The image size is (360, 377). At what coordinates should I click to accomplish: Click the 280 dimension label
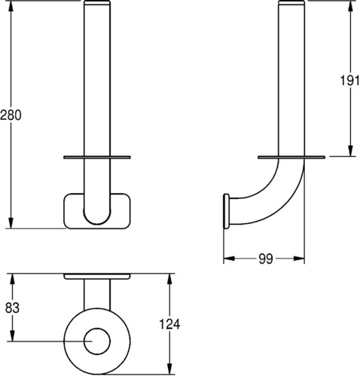coord(11,115)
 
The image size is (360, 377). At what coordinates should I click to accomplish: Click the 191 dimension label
coord(349,81)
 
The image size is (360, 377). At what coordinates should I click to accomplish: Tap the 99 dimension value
coord(266,259)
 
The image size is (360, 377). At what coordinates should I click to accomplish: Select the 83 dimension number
coord(12,308)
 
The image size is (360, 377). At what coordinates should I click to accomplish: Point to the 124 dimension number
coord(169,324)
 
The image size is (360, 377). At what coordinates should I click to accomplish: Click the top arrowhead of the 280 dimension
coord(11,7)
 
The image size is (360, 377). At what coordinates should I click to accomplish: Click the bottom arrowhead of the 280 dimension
coord(11,223)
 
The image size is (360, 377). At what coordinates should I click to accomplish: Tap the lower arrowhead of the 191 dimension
coord(351,151)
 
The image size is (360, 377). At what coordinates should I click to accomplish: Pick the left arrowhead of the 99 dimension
coord(229,259)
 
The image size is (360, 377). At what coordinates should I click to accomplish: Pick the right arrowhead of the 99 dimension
coord(299,259)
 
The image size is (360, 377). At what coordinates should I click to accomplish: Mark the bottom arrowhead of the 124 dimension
coord(170,369)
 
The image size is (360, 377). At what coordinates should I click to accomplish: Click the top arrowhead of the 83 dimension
coord(12,279)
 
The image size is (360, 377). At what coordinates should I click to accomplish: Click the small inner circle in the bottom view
coord(97,341)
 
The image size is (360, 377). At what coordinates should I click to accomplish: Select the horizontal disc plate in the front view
coord(97,158)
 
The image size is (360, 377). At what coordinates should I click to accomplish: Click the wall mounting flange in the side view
coord(226,211)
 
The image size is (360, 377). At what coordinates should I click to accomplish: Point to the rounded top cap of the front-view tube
coord(97,2)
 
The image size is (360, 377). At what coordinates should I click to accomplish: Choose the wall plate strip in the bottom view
coord(97,276)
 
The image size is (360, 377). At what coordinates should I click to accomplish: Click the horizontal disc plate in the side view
coord(291,158)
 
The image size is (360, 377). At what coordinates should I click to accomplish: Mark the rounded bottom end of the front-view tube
coord(97,216)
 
